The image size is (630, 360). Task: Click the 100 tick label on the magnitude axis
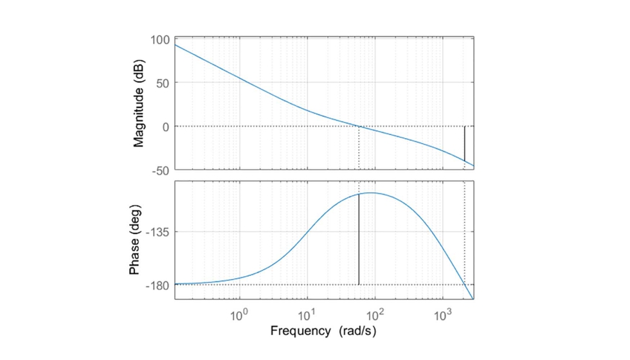click(159, 40)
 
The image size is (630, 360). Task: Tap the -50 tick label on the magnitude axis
click(160, 170)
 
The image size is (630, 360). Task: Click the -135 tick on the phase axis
click(158, 232)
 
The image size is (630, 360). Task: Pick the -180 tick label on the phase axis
click(158, 285)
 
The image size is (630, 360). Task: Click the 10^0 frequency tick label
click(239, 316)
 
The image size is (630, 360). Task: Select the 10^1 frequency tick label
click(307, 316)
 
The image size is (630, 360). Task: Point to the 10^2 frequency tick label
click(375, 316)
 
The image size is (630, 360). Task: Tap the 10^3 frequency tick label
click(442, 316)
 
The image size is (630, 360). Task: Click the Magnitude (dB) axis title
click(139, 104)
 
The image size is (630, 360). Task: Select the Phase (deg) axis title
click(134, 240)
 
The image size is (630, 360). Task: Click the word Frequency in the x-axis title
click(299, 332)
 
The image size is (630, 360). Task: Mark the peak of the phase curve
click(371, 193)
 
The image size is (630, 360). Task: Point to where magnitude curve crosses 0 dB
click(359, 127)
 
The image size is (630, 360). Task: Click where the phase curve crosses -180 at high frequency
click(464, 284)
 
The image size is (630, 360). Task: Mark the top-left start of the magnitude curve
click(175, 44)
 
